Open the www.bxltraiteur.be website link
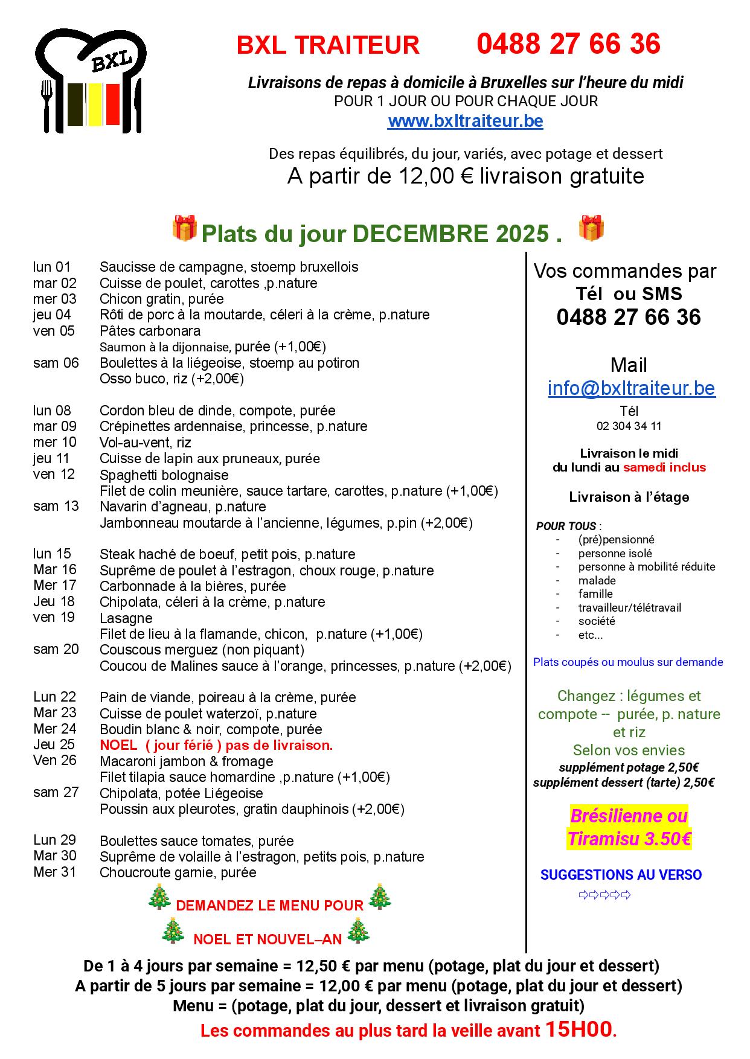(x=465, y=121)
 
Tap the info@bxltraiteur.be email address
(x=631, y=388)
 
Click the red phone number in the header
(x=568, y=45)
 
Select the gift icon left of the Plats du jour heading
(x=184, y=228)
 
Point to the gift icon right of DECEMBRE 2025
(x=591, y=228)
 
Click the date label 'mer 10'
(x=55, y=442)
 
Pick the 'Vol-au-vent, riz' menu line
(x=145, y=443)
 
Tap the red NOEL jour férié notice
(x=216, y=745)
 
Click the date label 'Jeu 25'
(x=55, y=744)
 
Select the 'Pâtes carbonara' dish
(x=150, y=331)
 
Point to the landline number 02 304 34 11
(x=629, y=426)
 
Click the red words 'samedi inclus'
(x=664, y=467)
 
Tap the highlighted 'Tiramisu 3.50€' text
(x=629, y=839)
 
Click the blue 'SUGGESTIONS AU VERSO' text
(x=621, y=875)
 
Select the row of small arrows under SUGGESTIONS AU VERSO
(x=604, y=895)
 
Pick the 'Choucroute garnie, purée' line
(x=178, y=872)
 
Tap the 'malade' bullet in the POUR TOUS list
(x=597, y=581)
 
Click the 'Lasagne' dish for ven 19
(x=126, y=618)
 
